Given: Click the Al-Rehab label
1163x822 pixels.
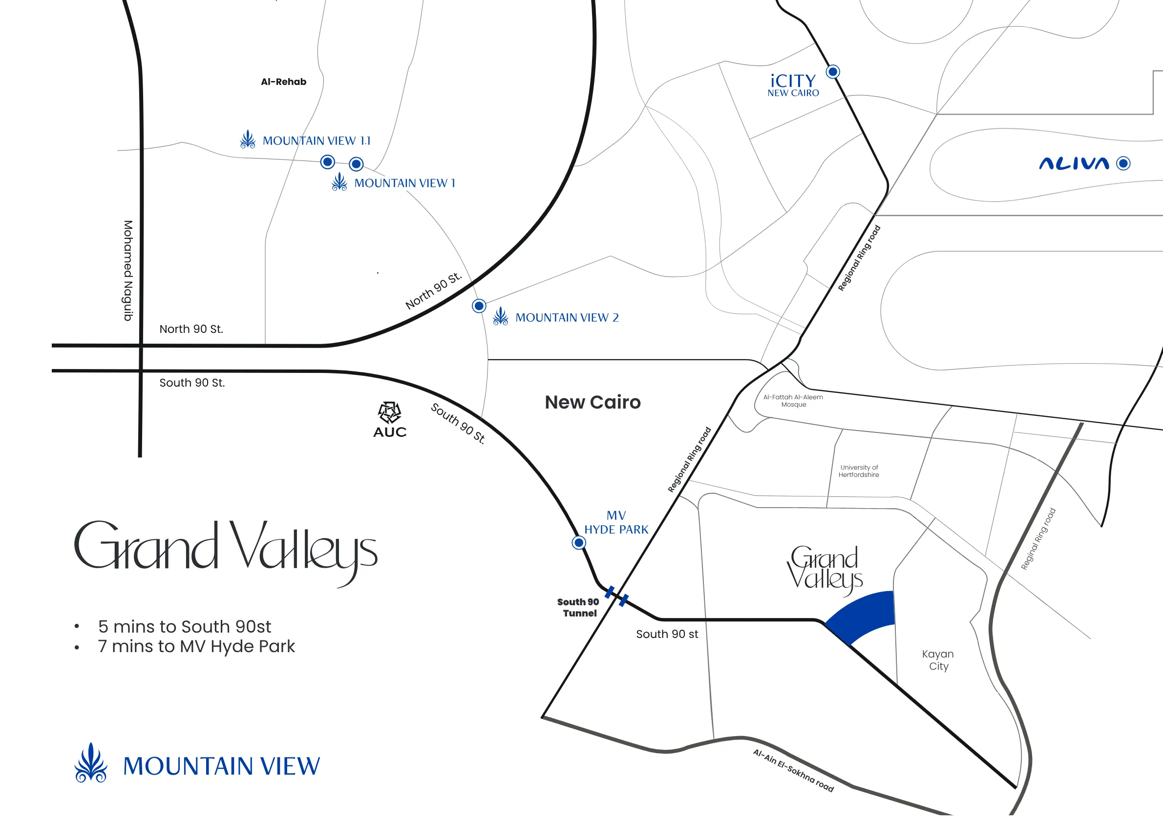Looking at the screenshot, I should tap(283, 82).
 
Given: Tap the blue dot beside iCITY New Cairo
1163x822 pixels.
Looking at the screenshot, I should tap(833, 72).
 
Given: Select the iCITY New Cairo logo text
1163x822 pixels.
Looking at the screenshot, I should tap(793, 85).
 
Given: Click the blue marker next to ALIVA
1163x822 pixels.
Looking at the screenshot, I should tap(1123, 164).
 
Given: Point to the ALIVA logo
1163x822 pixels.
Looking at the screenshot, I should tap(1074, 164).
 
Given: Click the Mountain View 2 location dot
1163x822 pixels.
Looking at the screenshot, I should tap(479, 306).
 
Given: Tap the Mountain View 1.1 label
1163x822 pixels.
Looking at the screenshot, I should tap(316, 141).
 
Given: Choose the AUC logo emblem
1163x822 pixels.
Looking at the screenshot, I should tap(389, 412).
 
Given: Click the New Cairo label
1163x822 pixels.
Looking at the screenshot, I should tap(592, 402).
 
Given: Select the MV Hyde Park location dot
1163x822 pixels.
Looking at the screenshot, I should tap(578, 543).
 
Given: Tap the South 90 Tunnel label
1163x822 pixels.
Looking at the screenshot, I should tap(578, 607).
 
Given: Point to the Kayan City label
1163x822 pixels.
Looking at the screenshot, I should tap(938, 660).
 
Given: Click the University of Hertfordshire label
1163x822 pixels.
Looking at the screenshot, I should tap(859, 471).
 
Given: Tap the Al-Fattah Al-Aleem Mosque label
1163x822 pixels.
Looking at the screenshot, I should tap(793, 401).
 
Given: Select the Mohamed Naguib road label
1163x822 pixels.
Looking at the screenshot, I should tap(128, 270).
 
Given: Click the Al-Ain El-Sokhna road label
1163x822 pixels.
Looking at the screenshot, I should tap(793, 770).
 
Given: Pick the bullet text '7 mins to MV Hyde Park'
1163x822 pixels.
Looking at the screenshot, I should tap(196, 646).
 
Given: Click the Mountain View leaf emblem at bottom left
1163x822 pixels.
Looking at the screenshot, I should tap(91, 763).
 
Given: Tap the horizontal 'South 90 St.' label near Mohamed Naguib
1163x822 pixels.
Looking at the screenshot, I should tap(192, 383).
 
